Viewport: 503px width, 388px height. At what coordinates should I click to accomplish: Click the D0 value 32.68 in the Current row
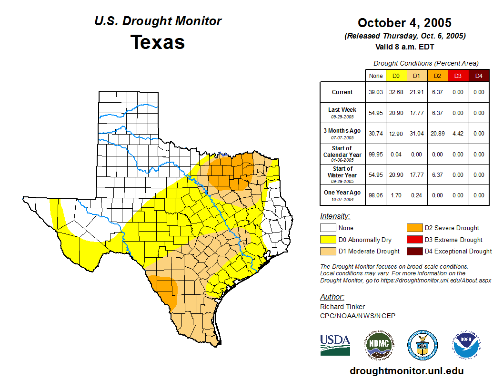point(396,92)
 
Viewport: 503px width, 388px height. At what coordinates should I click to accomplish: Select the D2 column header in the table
point(437,76)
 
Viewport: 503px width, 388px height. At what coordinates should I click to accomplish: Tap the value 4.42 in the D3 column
point(458,134)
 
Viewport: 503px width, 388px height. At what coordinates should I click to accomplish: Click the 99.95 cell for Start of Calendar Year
point(375,155)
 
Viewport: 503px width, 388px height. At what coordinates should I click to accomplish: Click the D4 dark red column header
point(479,76)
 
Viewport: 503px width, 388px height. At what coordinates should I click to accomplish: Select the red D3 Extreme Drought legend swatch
point(413,240)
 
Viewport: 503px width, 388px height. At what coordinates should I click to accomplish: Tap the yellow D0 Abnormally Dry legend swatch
point(327,240)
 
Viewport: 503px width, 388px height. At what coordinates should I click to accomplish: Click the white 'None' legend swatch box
point(327,228)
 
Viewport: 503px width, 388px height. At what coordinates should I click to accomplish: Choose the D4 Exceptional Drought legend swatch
point(413,251)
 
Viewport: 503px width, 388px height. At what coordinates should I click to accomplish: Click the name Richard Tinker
point(342,307)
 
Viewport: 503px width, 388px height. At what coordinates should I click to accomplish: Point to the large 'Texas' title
point(158,42)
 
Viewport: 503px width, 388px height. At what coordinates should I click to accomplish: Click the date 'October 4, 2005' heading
point(404,23)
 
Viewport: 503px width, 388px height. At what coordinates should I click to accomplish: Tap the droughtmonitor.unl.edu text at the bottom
point(406,371)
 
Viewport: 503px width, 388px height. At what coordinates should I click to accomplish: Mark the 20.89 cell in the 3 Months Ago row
point(437,134)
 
